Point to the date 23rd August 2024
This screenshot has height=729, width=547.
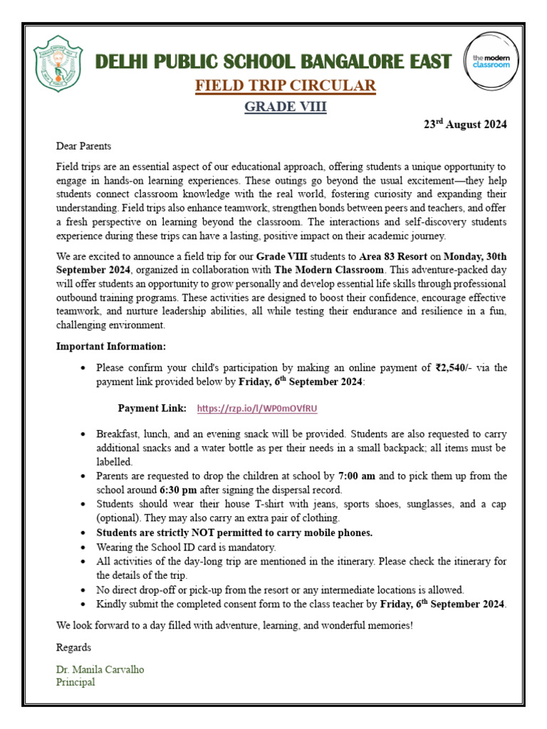(465, 124)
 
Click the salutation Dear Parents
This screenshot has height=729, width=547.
(84, 147)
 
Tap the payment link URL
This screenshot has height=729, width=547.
(256, 408)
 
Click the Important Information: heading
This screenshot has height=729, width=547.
(110, 346)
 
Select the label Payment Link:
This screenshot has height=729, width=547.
(152, 408)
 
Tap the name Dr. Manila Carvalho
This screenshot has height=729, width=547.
(100, 670)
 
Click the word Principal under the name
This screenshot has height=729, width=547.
(75, 682)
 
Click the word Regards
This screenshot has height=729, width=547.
(73, 648)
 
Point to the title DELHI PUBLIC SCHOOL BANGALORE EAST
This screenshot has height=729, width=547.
(274, 61)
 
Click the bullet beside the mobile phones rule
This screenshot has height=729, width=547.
(84, 533)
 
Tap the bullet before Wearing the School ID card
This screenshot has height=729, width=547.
(84, 547)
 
